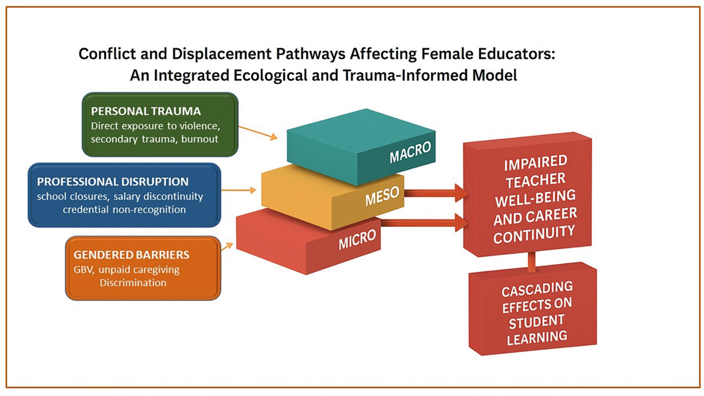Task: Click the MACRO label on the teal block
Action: click(x=410, y=152)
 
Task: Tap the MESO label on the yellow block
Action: click(x=382, y=196)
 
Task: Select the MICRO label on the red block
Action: click(x=357, y=239)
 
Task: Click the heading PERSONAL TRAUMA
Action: click(x=146, y=111)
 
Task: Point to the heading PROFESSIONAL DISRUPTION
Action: click(x=113, y=181)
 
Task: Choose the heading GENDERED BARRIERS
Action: click(x=132, y=255)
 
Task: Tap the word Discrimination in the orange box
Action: click(x=133, y=282)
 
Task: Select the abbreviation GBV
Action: click(x=84, y=270)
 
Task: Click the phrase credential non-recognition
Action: click(x=124, y=209)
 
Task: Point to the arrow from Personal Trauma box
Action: click(x=258, y=132)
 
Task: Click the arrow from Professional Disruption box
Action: click(x=238, y=190)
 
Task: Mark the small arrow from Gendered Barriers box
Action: click(x=227, y=246)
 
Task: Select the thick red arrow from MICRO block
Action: click(x=425, y=222)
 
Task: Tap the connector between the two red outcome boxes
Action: click(x=532, y=262)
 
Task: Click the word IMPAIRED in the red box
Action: click(x=535, y=163)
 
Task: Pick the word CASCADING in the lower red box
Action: click(x=537, y=289)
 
